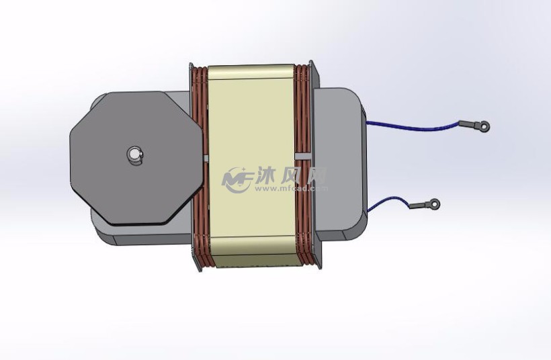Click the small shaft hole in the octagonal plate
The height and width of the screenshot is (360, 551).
tap(135, 155)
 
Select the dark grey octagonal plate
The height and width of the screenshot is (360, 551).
tap(108, 181)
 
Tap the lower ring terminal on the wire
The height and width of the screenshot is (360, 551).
tap(435, 203)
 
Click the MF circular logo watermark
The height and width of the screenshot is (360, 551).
tap(237, 179)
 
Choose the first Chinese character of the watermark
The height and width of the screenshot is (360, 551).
tap(267, 176)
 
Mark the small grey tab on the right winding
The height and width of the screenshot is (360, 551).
tap(302, 156)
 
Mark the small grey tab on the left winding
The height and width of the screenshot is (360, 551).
tap(205, 159)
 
